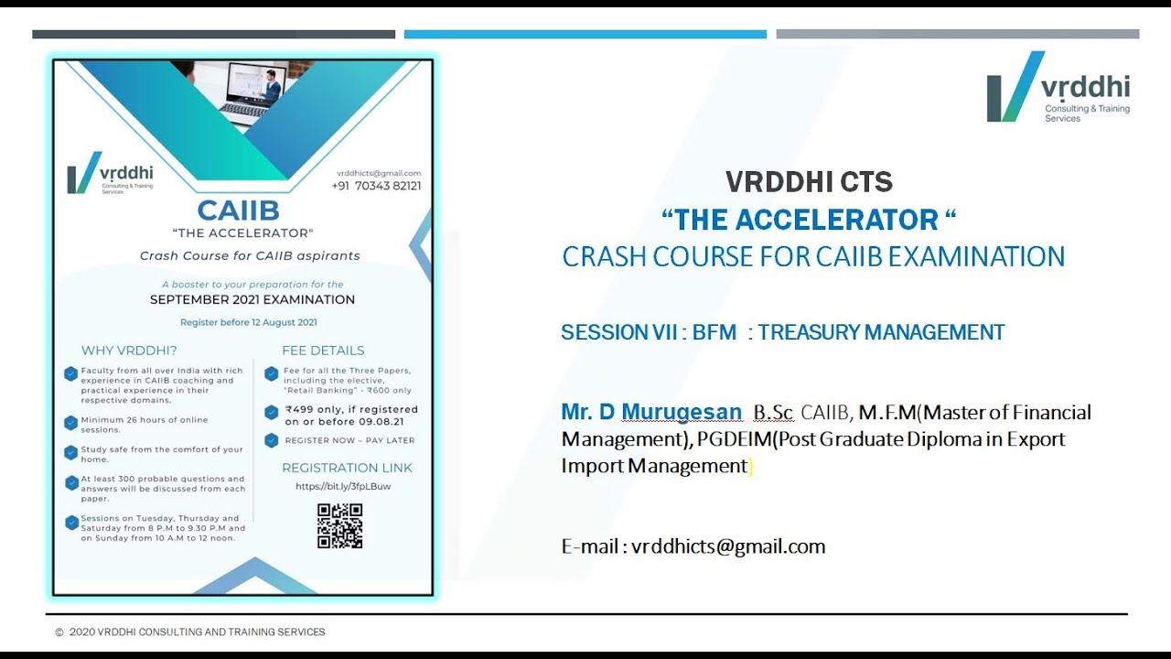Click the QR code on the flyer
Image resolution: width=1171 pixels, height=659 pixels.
pos(339,526)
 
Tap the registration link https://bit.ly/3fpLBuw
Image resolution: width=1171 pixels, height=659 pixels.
pos(343,486)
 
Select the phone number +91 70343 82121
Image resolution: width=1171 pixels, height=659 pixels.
pos(376,186)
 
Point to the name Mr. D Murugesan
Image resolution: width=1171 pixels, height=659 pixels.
pos(651,413)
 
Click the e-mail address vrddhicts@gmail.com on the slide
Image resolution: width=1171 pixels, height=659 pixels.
pos(728,547)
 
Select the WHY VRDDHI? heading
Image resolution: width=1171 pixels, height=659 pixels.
pos(129,351)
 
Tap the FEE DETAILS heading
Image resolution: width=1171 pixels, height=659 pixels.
pos(323,351)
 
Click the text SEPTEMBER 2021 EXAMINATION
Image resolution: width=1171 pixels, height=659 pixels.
pos(252,299)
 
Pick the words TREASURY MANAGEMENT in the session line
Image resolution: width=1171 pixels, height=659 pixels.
pos(881,332)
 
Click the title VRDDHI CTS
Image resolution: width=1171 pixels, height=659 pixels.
pos(809,183)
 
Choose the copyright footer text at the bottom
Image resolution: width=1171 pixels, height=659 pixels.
pos(190,632)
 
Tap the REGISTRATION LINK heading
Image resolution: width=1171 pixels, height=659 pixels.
pos(347,468)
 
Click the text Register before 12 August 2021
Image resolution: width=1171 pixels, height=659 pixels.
pos(249,322)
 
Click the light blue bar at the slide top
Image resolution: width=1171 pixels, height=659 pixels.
pos(585,35)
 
